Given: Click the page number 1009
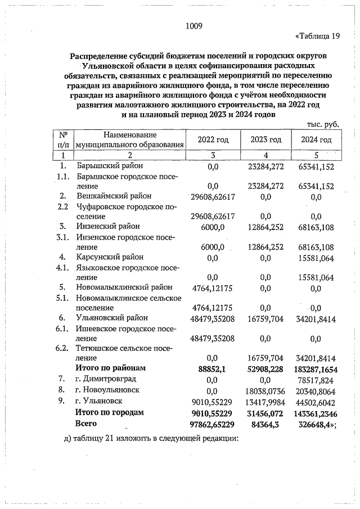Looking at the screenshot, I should [193, 25].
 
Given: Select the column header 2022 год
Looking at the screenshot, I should [213, 140].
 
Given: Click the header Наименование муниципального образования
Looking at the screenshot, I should [130, 139].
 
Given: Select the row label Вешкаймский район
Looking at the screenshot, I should [114, 196].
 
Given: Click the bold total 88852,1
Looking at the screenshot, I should [213, 368].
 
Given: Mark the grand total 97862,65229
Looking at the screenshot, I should [213, 424].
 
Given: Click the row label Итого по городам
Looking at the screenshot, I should [110, 412].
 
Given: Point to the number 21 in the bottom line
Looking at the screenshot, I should [117, 439].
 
